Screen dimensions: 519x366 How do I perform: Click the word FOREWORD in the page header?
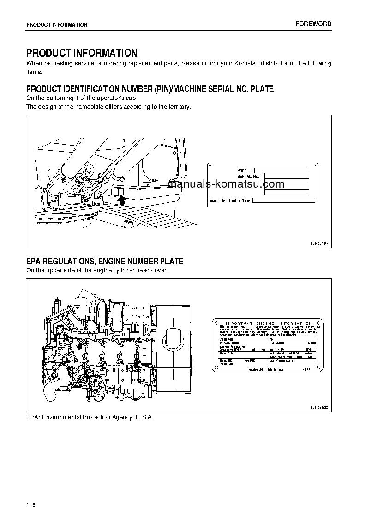[x=313, y=24]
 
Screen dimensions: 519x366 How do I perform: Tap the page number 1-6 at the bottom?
[x=31, y=504]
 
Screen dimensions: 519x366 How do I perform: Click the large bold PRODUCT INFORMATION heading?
[x=82, y=53]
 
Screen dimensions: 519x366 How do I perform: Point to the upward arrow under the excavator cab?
[x=122, y=199]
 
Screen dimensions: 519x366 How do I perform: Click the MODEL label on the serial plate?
[x=243, y=171]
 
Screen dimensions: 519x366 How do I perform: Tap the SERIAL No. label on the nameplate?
[x=248, y=177]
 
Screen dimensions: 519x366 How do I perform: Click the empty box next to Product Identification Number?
[x=283, y=201]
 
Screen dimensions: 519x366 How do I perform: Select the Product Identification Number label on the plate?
[x=229, y=201]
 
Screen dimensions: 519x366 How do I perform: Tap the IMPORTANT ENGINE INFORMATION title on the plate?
[x=269, y=324]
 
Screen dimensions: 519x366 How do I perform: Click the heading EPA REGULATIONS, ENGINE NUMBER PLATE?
[x=105, y=262]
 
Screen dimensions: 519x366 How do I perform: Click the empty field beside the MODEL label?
[x=281, y=171]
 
